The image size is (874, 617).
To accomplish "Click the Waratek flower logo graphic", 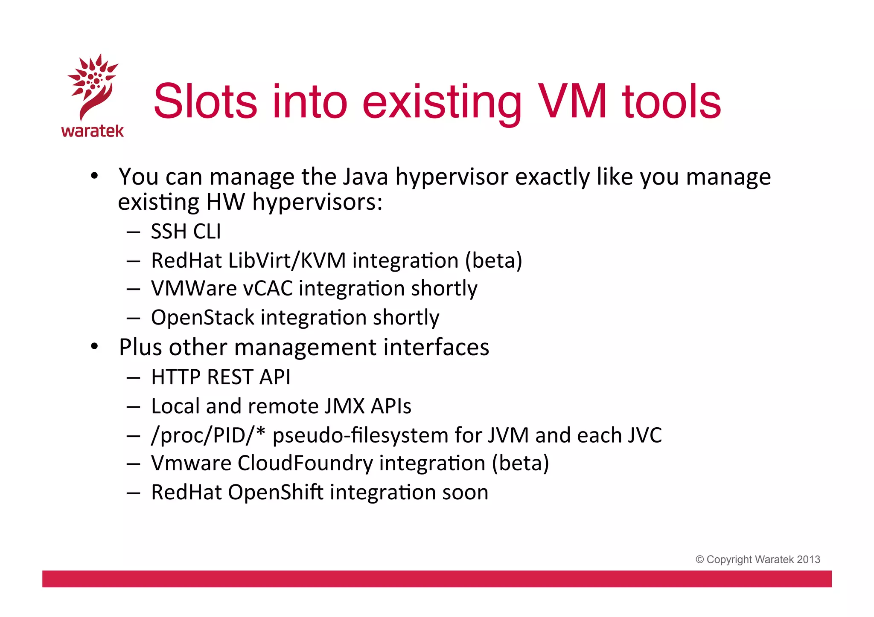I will (93, 85).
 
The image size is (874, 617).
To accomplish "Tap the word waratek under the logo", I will (93, 131).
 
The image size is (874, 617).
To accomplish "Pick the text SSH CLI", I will (186, 232).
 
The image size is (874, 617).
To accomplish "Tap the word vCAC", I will (268, 289).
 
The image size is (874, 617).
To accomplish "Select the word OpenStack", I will (203, 318).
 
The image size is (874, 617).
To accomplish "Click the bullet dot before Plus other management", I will (95, 346).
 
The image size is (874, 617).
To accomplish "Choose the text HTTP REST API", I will (221, 377).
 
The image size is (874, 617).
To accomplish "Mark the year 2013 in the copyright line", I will (808, 559).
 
